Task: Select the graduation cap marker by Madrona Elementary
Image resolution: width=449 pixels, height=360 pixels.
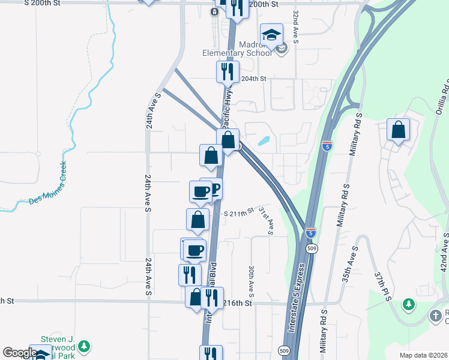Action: tap(271, 35)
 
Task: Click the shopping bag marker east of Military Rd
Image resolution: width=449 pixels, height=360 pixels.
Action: tap(398, 130)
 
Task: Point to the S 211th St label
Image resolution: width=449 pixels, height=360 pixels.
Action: tap(240, 213)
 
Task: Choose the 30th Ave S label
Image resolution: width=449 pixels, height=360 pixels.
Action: tap(252, 281)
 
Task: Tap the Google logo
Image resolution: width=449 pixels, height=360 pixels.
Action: tap(19, 352)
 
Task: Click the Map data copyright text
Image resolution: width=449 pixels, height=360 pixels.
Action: tap(423, 355)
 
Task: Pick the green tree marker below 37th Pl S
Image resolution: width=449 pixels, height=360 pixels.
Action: tap(409, 305)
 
